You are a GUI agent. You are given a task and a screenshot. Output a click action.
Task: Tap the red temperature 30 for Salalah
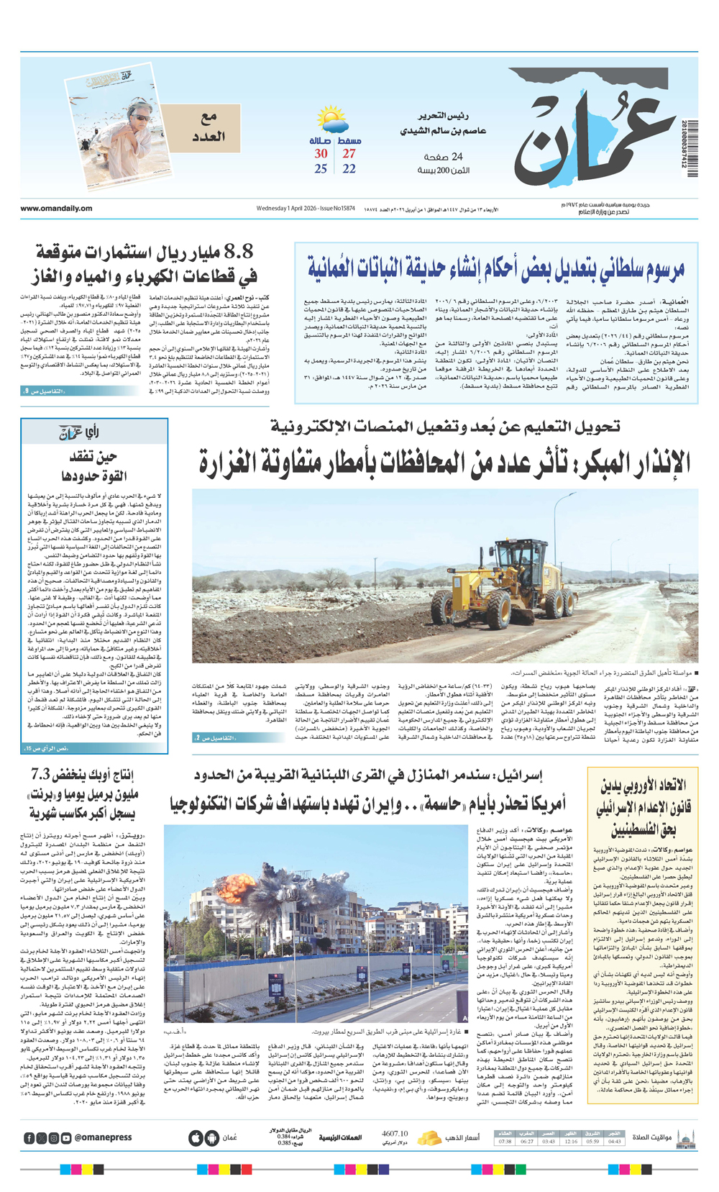point(321,153)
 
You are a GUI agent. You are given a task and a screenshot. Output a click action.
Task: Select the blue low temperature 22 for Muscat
point(349,169)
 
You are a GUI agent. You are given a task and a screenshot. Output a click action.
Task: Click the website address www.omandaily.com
point(56,209)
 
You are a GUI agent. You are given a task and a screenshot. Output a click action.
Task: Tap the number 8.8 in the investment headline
point(239,252)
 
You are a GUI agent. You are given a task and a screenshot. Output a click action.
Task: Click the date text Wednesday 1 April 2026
point(288,209)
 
